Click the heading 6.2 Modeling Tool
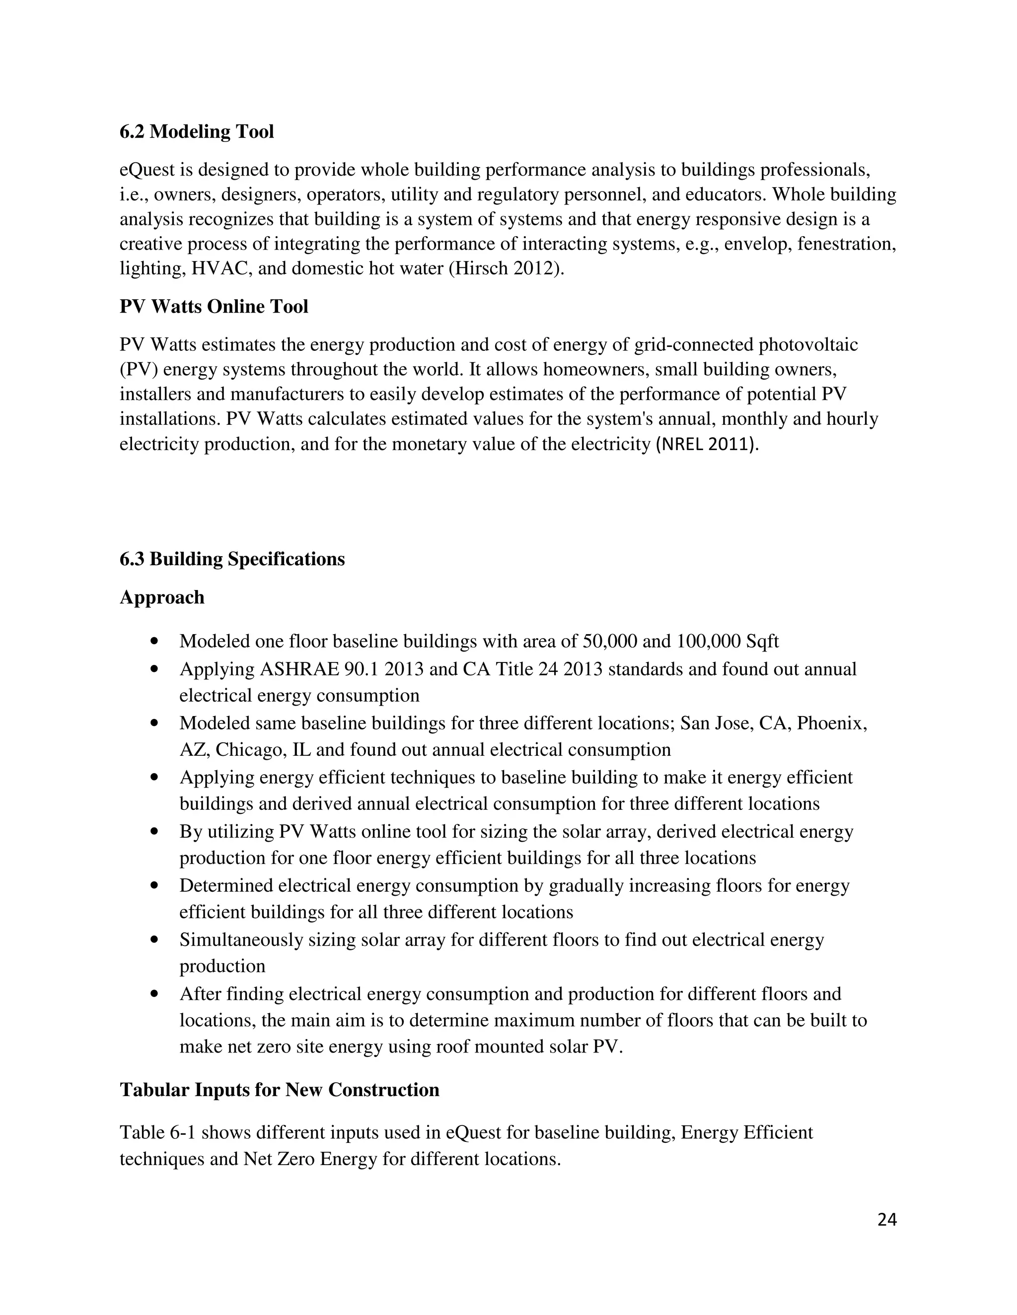click(x=197, y=132)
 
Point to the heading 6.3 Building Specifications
click(x=232, y=559)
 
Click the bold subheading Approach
click(x=162, y=597)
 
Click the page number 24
click(x=887, y=1220)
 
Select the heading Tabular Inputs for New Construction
click(x=280, y=1090)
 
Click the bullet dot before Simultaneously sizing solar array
click(x=156, y=940)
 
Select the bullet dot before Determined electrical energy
click(x=156, y=886)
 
